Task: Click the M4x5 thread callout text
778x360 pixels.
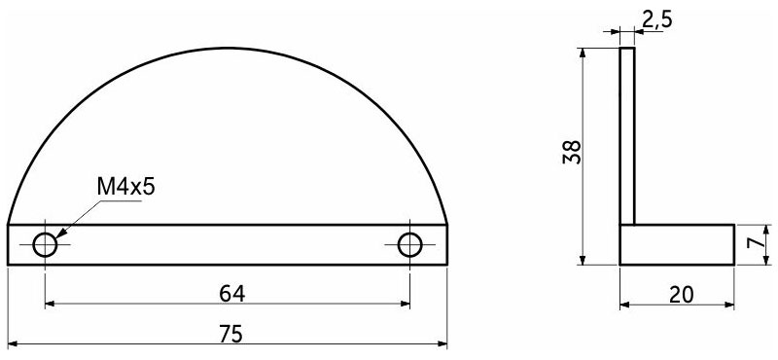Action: (x=126, y=188)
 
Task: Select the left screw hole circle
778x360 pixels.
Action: (x=45, y=245)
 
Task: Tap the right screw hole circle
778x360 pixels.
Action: (x=409, y=245)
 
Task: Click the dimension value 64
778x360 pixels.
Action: (x=232, y=294)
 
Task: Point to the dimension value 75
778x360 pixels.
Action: (x=231, y=334)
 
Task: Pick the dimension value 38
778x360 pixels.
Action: (x=572, y=152)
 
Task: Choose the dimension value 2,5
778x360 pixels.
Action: (x=657, y=19)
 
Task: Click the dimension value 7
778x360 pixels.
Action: (x=755, y=243)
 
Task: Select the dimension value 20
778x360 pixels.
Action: (x=682, y=295)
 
